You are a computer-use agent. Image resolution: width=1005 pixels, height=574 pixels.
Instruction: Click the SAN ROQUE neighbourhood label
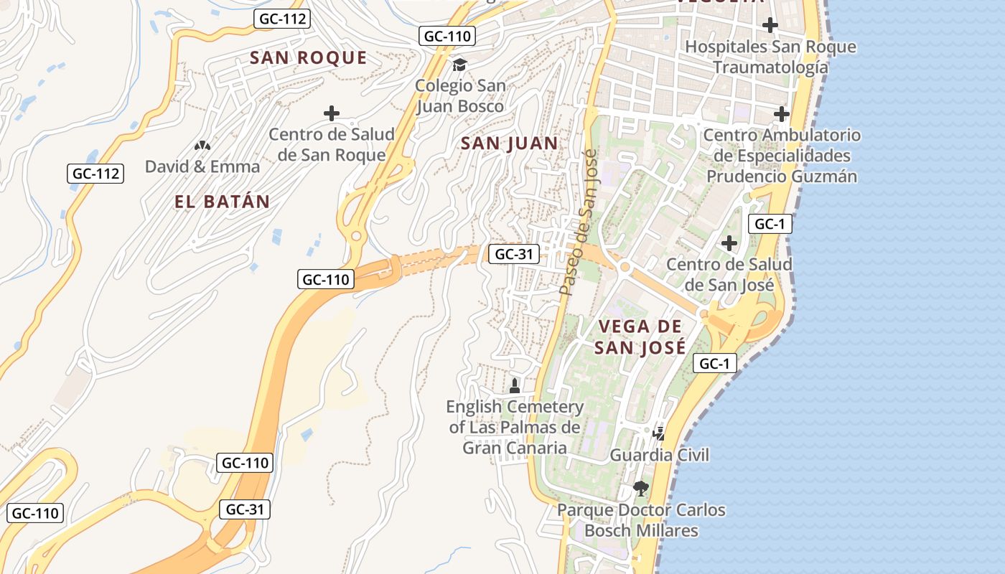(x=308, y=58)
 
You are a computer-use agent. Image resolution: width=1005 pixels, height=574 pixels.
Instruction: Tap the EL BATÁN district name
(x=222, y=202)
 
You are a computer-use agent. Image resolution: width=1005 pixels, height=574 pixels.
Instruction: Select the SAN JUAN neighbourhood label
(x=509, y=143)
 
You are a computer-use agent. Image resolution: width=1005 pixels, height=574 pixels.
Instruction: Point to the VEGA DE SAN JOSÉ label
(x=640, y=337)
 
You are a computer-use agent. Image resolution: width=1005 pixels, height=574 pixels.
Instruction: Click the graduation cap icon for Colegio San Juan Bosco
(x=459, y=65)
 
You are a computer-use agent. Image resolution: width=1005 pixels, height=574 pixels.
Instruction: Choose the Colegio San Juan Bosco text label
(x=460, y=96)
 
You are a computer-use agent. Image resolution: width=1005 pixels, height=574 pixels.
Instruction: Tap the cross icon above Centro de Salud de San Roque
(x=331, y=113)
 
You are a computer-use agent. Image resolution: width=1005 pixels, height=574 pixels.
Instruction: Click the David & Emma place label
(x=202, y=166)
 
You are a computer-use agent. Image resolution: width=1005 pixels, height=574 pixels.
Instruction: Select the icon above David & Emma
(x=202, y=146)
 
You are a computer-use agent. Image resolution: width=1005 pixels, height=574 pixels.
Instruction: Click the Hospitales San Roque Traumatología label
(x=770, y=57)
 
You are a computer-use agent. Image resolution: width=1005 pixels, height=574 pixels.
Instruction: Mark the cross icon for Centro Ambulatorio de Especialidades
(x=781, y=114)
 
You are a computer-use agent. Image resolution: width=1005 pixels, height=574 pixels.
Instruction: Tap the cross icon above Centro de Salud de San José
(x=729, y=243)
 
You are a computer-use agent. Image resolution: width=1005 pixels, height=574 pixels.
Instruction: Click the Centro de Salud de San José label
(x=729, y=274)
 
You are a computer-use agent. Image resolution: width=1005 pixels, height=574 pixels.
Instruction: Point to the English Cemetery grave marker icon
(x=514, y=386)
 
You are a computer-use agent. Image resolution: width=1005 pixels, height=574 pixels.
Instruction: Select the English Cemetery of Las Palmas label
(x=515, y=428)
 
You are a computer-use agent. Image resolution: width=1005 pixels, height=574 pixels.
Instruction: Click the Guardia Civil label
(x=659, y=455)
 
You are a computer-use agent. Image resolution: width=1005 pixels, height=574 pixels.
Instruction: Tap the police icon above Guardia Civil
(x=658, y=433)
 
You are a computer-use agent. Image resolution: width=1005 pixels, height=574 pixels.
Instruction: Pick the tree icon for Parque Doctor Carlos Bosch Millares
(x=640, y=489)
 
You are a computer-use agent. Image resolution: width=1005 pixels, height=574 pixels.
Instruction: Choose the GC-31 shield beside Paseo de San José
(x=513, y=253)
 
